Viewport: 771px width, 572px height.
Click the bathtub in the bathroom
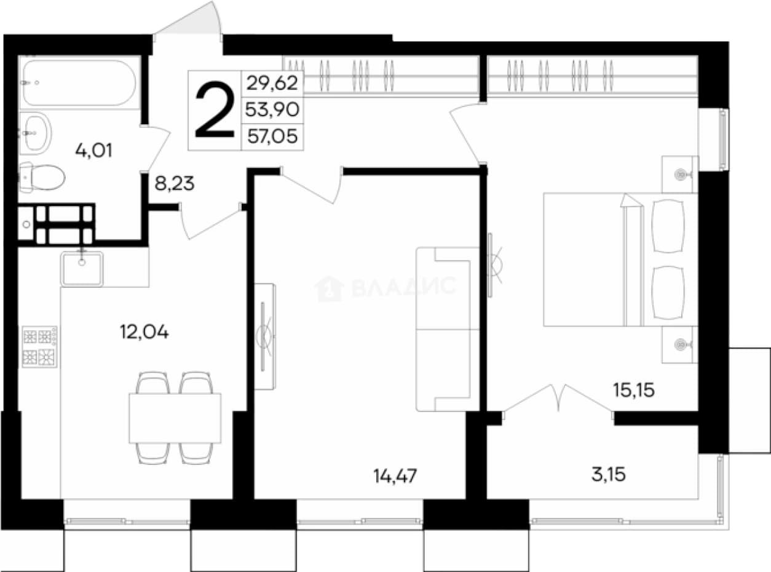pos(79,83)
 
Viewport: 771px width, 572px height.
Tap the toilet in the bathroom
pos(42,177)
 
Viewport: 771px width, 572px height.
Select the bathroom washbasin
pos(36,133)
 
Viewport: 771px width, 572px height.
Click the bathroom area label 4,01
pos(93,151)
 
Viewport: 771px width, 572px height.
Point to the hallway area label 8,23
pos(175,184)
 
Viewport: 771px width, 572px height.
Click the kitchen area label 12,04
pos(144,332)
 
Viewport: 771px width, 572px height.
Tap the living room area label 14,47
pos(395,476)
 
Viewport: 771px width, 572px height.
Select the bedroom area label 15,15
pos(634,390)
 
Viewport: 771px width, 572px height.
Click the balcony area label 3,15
pos(609,475)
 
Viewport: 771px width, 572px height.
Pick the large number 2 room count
pos(215,109)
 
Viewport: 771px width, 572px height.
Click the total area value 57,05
pos(272,136)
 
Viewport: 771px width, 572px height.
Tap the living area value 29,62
pos(272,83)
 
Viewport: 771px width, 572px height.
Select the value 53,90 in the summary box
pos(272,109)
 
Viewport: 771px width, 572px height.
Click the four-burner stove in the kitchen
pos(39,347)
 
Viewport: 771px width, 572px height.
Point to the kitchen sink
pos(82,269)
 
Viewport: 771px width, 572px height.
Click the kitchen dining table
pos(175,418)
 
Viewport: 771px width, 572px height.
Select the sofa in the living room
pos(448,329)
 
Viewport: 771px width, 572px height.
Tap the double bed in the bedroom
pos(621,260)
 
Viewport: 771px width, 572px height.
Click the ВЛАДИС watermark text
pos(403,287)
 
